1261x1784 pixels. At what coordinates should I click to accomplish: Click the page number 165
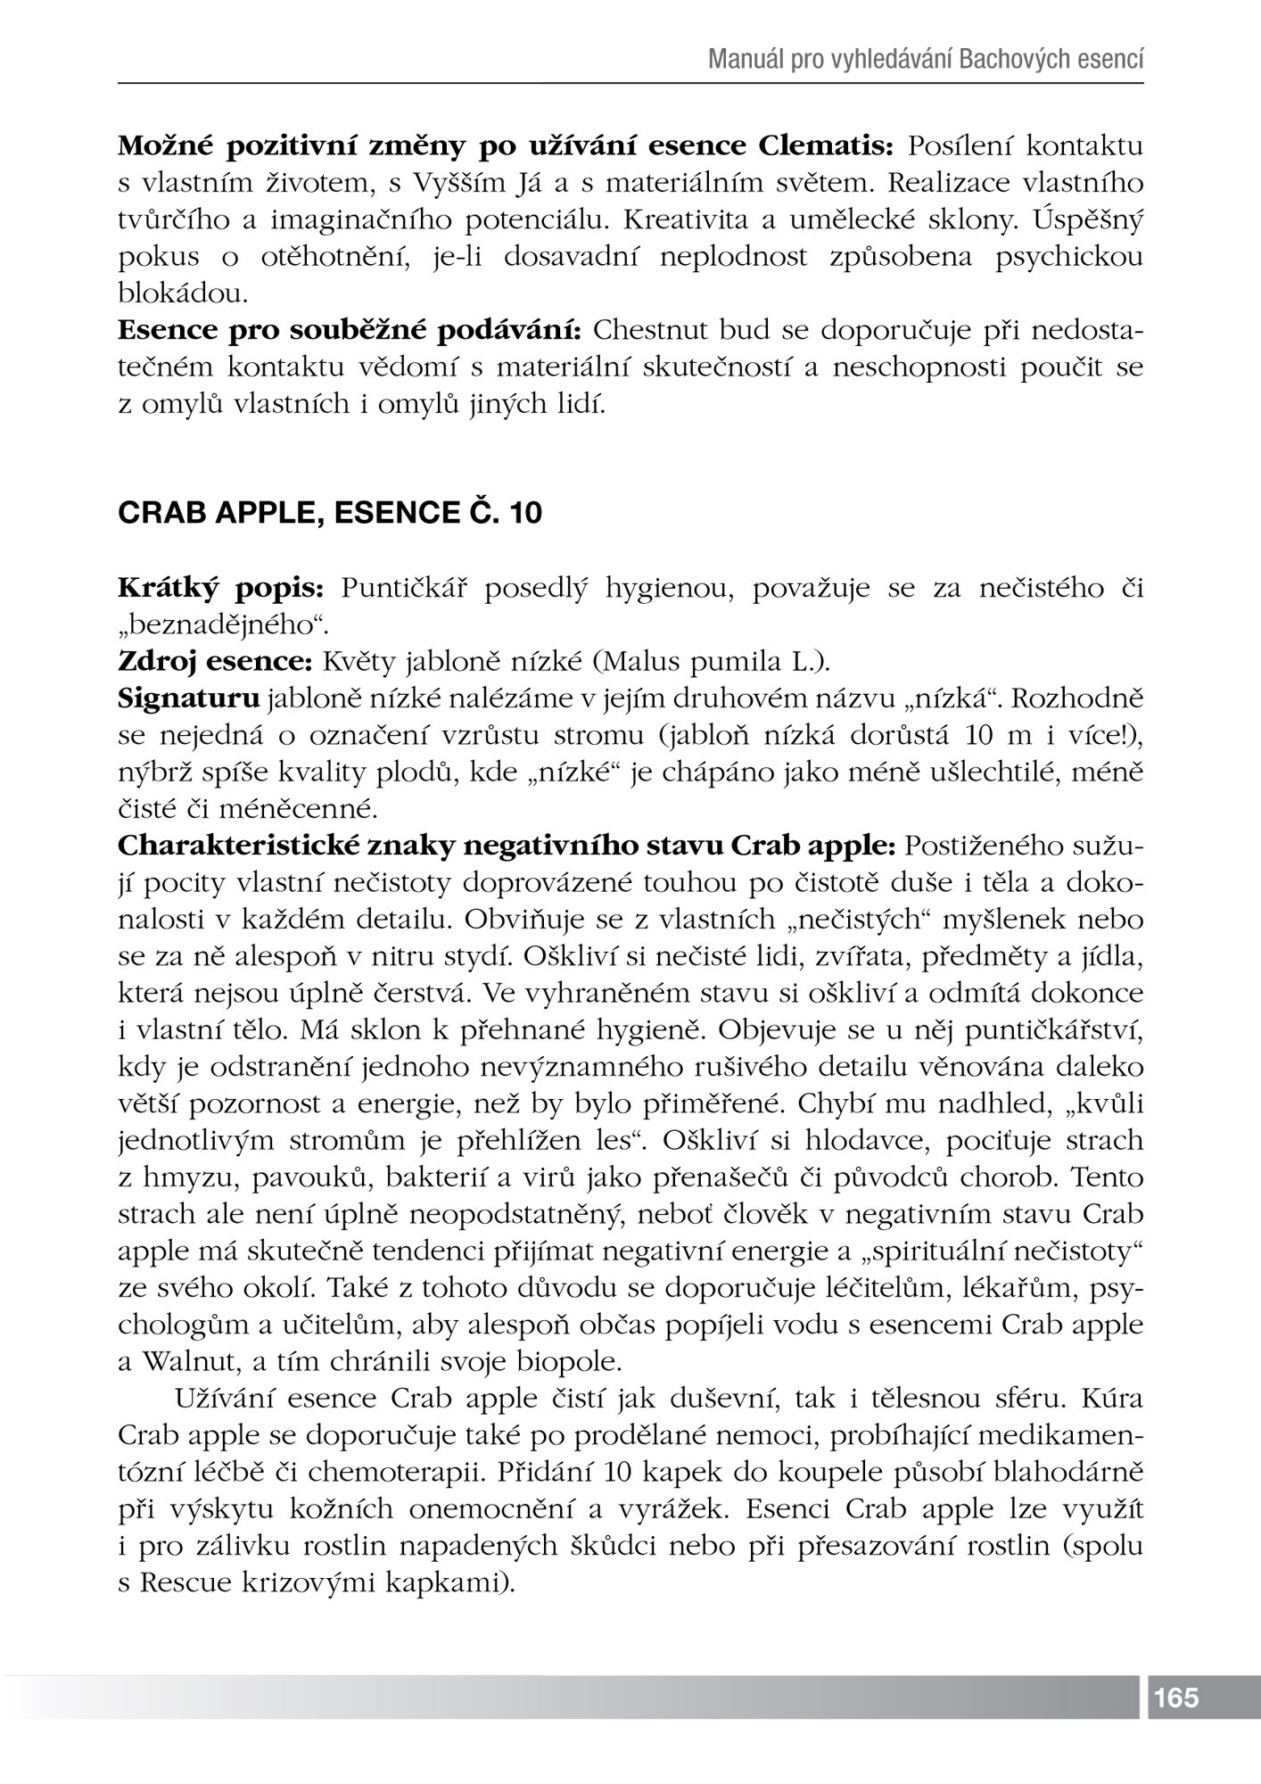click(x=1176, y=1697)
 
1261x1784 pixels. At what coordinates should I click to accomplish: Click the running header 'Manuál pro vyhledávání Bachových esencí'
click(x=926, y=60)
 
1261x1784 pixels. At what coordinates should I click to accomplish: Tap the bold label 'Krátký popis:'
click(x=224, y=589)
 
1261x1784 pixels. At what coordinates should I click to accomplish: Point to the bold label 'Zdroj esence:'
click(x=214, y=661)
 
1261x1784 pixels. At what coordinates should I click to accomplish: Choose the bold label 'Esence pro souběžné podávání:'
click(x=350, y=330)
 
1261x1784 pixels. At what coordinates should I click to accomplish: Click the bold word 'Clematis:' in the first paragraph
click(x=829, y=145)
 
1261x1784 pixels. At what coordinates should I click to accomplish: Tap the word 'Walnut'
click(x=184, y=1362)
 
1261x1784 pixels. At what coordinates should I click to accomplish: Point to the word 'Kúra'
click(x=1112, y=1399)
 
